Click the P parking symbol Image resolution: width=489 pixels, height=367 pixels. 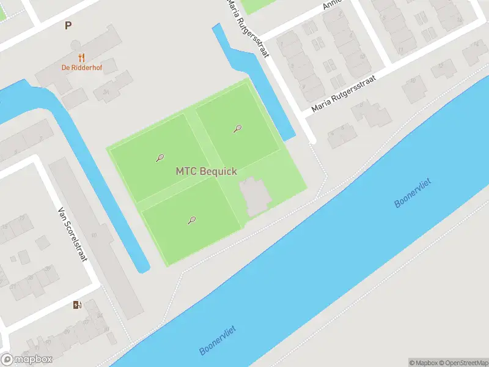(68, 25)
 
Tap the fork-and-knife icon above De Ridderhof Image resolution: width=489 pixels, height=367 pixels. (81, 57)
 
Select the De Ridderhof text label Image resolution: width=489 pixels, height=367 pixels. (81, 68)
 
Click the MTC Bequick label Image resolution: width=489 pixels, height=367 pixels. (206, 172)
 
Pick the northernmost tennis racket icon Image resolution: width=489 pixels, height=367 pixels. (238, 128)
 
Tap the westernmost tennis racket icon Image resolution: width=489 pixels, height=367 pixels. (160, 158)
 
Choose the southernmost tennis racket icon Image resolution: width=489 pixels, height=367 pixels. (192, 220)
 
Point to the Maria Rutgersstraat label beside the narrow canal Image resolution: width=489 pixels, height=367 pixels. (248, 28)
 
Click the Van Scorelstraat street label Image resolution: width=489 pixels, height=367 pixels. (72, 233)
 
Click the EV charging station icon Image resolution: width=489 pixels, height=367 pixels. (77, 305)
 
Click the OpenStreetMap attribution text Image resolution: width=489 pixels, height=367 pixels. (464, 362)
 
